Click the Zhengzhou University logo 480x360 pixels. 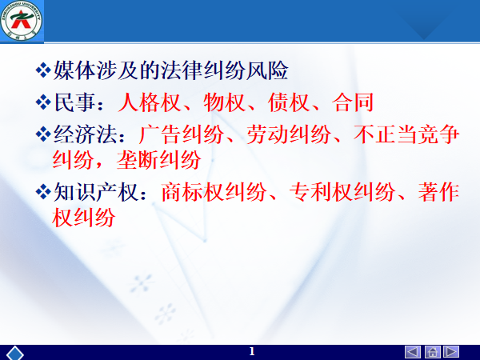21,20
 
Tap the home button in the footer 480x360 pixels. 432,352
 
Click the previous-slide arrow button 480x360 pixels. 412,352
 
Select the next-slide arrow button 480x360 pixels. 451,352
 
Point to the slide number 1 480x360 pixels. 252,351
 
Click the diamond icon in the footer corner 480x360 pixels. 15,353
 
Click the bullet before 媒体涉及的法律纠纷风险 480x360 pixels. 43,70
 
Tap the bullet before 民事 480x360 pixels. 43,102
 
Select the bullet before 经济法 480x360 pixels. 43,134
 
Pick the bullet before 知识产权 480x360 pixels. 43,192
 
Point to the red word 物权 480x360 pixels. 224,102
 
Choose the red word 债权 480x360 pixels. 289,102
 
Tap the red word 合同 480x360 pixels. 353,102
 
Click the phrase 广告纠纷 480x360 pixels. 182,134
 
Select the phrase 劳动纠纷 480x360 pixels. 288,134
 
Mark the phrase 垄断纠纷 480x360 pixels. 159,160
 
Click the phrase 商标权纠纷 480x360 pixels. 214,192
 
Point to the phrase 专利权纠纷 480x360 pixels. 342,192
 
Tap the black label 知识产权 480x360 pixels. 95,192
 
